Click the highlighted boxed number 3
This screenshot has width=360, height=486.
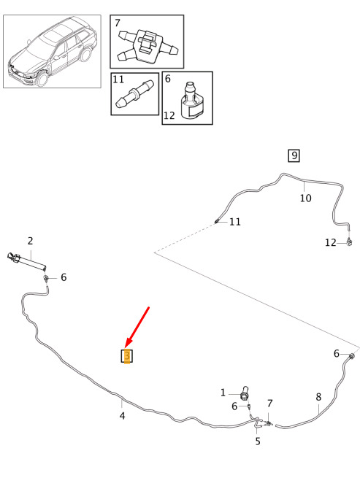point(127,356)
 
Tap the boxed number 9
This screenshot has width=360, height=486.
point(294,155)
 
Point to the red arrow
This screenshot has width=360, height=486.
point(137,327)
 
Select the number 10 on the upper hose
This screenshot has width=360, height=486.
point(305,198)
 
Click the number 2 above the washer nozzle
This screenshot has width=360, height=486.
point(30,241)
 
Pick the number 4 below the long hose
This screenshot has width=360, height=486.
point(122,416)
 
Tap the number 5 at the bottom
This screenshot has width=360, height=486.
point(258,441)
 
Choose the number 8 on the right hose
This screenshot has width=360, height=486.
point(318,397)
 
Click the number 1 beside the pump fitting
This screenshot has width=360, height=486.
point(223,393)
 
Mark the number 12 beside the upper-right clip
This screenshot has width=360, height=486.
point(331,242)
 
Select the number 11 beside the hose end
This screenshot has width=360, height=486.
point(234,222)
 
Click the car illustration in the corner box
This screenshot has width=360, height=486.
point(52,52)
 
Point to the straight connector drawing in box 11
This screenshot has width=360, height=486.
point(134,94)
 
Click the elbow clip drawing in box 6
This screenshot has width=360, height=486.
point(191,101)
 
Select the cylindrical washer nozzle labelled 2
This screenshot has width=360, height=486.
point(27,261)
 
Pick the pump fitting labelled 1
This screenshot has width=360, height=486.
point(245,393)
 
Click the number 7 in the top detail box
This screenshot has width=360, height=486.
point(118,23)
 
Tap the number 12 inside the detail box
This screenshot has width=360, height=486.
point(169,115)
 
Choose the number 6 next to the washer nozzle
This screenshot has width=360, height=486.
point(64,277)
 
